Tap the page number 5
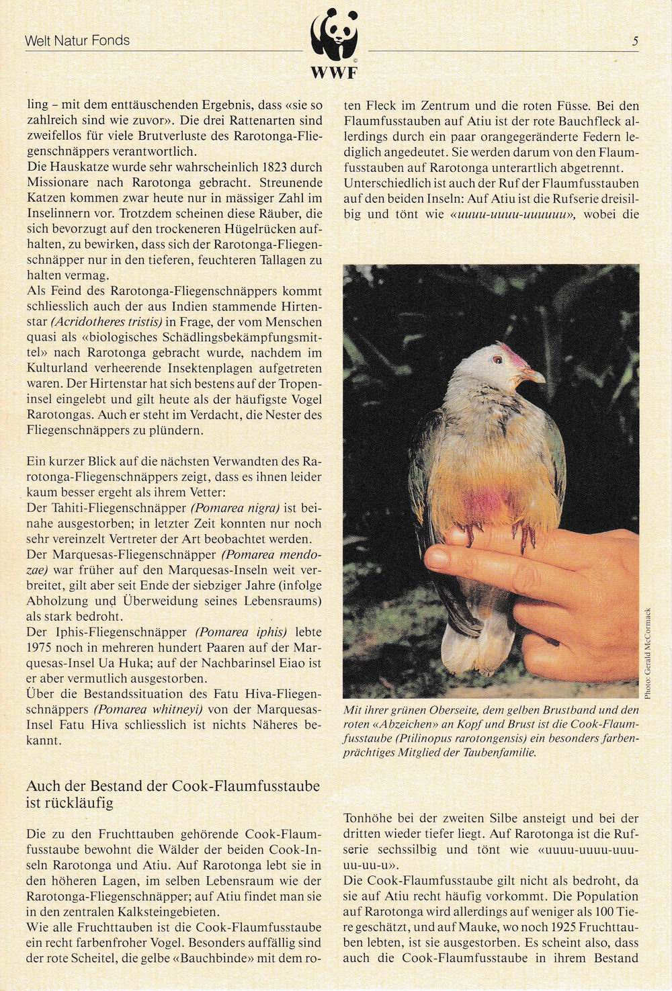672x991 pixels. coord(635,41)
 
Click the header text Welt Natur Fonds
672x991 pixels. coord(77,41)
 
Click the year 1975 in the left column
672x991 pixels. coord(40,648)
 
